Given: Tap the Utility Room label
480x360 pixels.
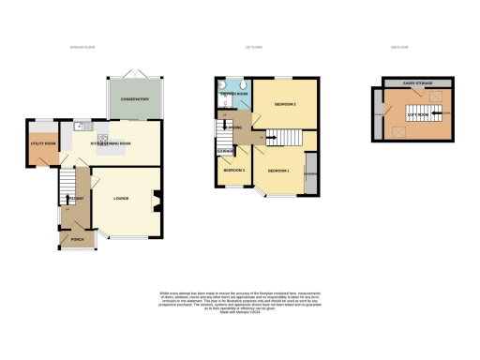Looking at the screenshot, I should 44,143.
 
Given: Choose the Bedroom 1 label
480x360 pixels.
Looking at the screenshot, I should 278,171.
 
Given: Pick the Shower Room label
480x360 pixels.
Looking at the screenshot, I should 233,95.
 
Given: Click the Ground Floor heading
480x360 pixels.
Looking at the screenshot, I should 84,48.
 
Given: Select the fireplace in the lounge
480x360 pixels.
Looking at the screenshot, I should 156,198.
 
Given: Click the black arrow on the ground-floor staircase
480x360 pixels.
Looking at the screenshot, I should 68,180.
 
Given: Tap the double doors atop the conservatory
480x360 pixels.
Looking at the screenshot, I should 136,73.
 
